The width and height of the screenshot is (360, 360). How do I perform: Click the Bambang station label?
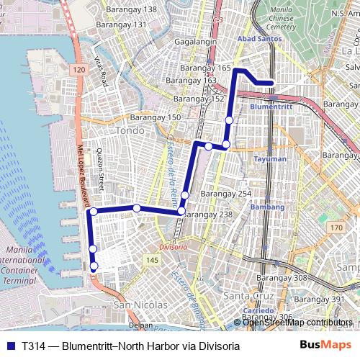tap(267, 207)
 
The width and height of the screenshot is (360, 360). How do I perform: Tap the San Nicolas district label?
tap(140, 305)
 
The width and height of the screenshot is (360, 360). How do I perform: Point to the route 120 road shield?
tap(78, 68)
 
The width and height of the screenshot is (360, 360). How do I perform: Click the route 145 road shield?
tap(151, 259)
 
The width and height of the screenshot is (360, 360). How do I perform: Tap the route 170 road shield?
tap(336, 228)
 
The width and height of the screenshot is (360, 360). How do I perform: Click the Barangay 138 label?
tap(131, 9)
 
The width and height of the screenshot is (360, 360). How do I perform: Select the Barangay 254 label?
tap(226, 194)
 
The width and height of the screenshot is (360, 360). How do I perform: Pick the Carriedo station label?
tap(257, 310)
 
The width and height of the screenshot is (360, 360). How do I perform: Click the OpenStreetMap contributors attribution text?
tap(297, 322)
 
